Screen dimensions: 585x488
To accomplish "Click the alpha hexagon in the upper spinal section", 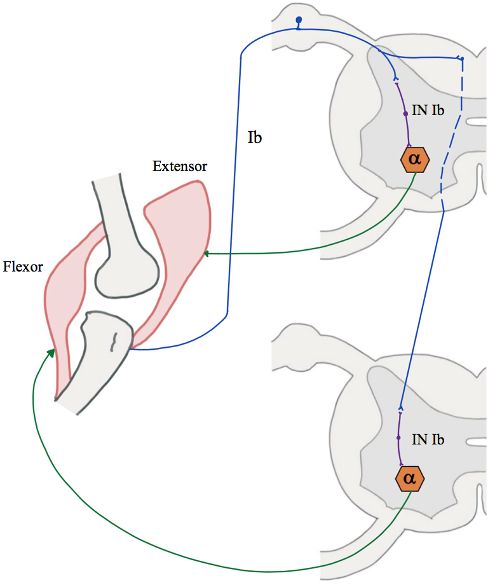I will [x=415, y=160].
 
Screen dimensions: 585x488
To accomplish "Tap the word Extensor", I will [x=180, y=167].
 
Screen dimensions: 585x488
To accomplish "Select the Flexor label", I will [x=23, y=266].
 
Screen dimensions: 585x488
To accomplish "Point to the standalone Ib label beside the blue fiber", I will [x=255, y=137].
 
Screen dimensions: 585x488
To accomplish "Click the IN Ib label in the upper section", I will [x=428, y=111].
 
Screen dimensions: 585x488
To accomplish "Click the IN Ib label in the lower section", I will [x=428, y=439].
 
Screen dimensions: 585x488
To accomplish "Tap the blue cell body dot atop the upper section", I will [x=298, y=20].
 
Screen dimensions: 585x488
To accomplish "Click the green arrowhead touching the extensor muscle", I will [x=206, y=254].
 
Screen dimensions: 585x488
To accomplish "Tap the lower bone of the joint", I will [x=95, y=356].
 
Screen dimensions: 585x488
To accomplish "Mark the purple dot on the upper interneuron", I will [x=405, y=114].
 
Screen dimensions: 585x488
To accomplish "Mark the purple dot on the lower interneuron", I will [x=398, y=438].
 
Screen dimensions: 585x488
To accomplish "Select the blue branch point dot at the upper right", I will [x=461, y=59].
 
